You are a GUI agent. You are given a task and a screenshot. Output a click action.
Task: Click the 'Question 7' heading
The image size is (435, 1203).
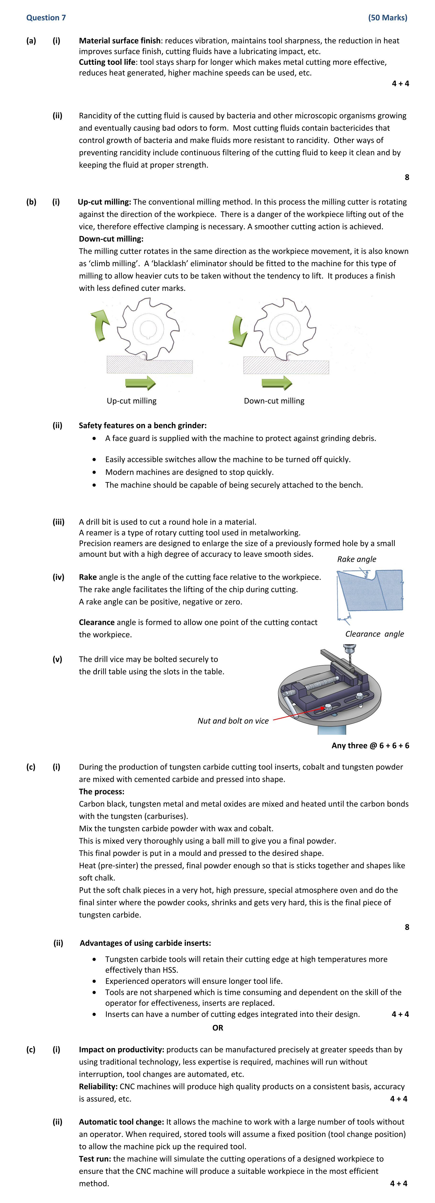(46, 18)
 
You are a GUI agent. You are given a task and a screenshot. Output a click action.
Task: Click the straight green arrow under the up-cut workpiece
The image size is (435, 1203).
(140, 383)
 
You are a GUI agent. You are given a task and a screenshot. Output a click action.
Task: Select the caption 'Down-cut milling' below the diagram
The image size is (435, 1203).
(274, 401)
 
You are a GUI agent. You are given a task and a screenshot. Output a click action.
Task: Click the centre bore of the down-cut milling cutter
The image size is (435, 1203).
(284, 328)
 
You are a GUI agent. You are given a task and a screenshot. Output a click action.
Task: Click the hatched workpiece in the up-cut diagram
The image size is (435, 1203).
(149, 365)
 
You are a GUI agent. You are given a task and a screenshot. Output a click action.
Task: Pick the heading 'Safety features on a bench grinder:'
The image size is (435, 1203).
(142, 425)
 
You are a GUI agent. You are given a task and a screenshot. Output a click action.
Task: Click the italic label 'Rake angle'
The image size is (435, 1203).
(357, 559)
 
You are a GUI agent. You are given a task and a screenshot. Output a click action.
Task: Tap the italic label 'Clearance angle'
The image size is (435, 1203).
(374, 634)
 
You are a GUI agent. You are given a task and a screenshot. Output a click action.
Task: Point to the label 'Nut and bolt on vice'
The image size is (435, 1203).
(233, 721)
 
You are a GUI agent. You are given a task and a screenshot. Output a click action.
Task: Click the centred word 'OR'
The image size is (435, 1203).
(217, 1028)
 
